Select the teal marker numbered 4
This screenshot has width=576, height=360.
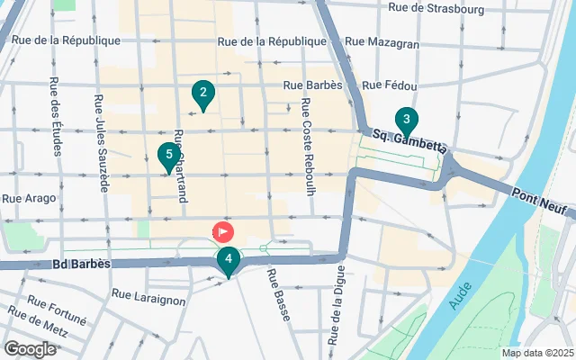pos(229,262)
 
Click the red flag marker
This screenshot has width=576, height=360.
pos(221,232)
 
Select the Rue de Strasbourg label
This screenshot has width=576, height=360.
pos(436,9)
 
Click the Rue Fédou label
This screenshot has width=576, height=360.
pos(388,86)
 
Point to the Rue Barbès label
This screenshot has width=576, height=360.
pos(313,86)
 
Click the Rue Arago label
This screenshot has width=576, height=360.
pos(30,198)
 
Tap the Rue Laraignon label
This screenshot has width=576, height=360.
pos(148,293)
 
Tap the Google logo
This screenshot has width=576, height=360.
pos(30,348)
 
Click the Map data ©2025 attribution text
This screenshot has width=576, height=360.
pos(536,353)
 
